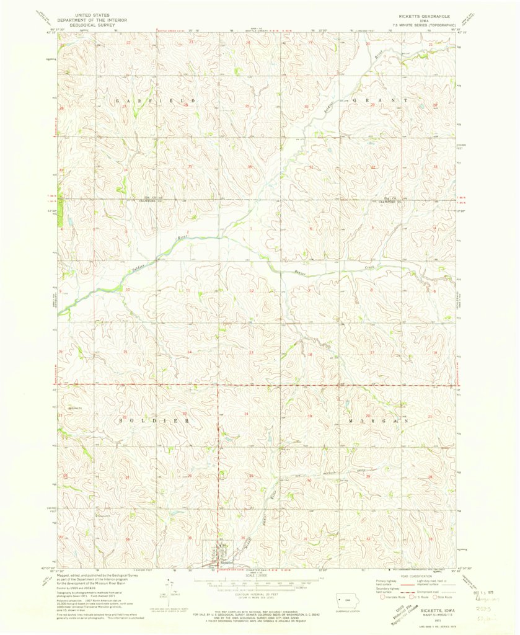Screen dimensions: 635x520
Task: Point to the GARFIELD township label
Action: pos(156,100)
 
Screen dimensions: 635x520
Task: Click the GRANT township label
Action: pos(381,100)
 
